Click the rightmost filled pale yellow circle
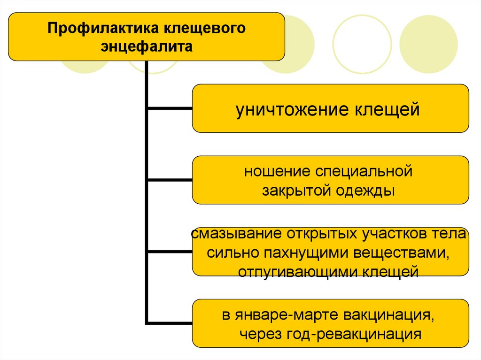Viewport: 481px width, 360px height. (428, 45)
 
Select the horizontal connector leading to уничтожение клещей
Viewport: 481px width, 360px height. (170, 108)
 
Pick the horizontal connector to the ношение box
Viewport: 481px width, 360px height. (170, 180)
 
